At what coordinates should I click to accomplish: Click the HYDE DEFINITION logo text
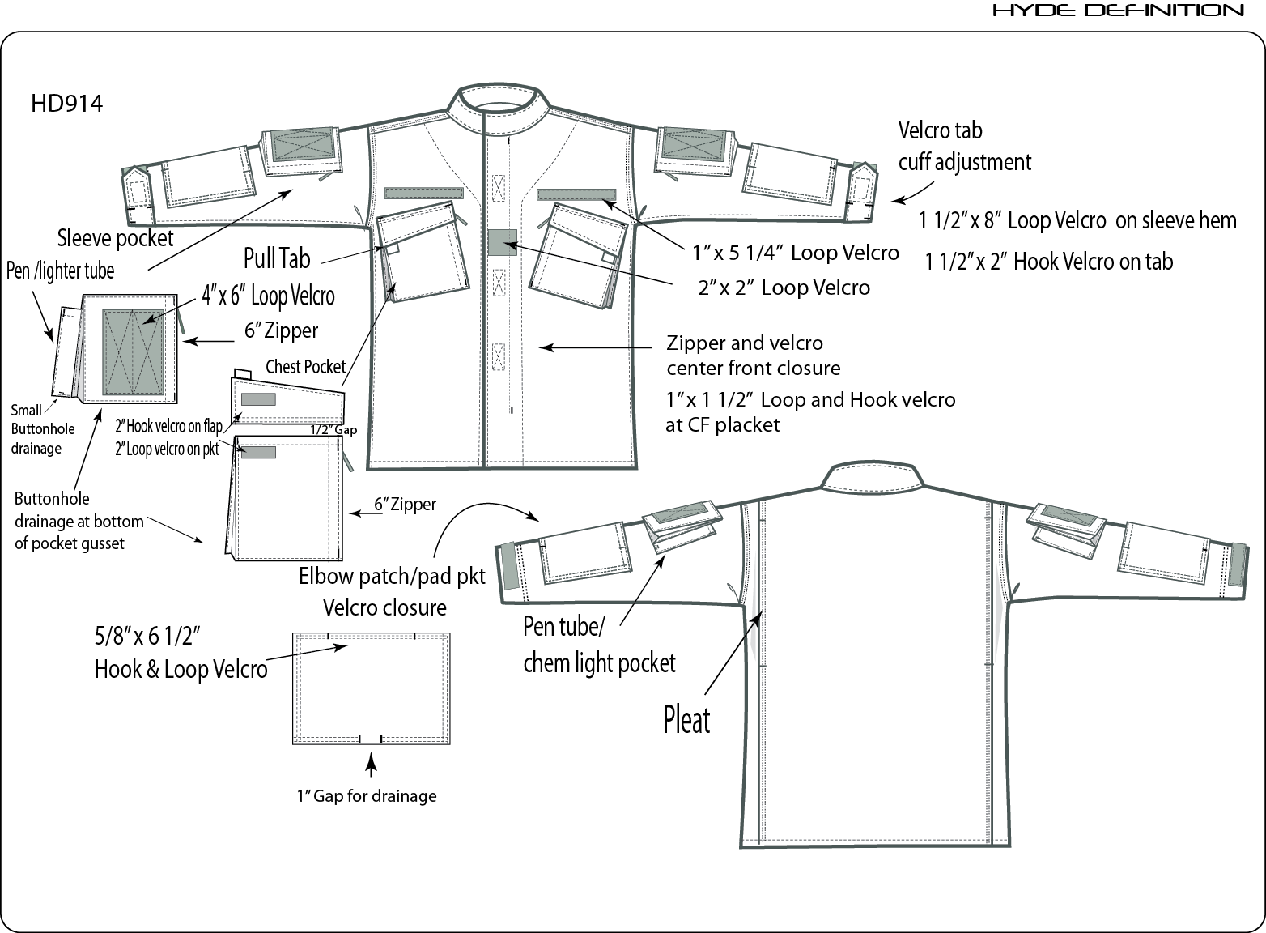point(1118,11)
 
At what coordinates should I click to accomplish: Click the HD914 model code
point(66,104)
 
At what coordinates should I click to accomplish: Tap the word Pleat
point(686,720)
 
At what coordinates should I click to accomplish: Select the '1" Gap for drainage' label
point(366,796)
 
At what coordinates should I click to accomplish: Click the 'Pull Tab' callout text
point(277,259)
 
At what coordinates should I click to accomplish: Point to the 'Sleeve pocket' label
point(115,238)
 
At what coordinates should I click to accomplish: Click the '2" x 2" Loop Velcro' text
point(784,288)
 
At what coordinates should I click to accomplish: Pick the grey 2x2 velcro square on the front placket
point(502,242)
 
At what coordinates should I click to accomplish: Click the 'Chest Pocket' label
point(305,367)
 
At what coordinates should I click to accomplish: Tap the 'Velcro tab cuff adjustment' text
point(964,147)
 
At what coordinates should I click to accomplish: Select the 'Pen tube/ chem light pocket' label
point(598,645)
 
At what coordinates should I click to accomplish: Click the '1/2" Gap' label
point(333,430)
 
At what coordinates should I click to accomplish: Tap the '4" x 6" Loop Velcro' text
point(268,296)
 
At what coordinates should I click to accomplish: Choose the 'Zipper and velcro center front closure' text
point(753,356)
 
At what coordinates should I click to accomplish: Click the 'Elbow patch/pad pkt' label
point(392,577)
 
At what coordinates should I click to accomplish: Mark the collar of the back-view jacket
point(869,477)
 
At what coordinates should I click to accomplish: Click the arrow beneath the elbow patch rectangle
point(371,765)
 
